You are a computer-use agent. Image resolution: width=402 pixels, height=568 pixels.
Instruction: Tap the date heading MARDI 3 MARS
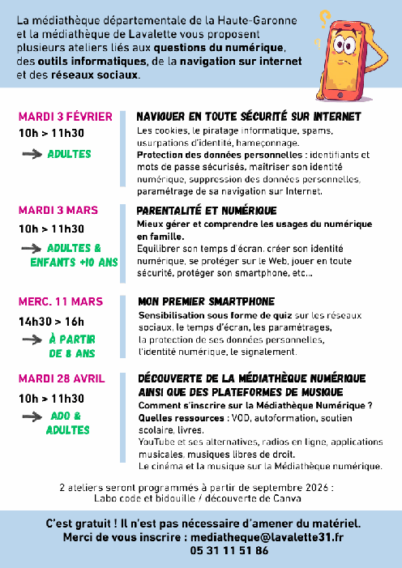[x=58, y=210]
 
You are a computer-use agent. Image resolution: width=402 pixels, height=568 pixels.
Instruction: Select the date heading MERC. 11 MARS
[x=61, y=302]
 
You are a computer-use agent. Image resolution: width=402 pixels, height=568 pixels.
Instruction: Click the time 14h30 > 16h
[x=51, y=321]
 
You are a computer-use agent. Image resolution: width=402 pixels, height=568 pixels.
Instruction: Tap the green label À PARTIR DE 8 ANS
[x=74, y=347]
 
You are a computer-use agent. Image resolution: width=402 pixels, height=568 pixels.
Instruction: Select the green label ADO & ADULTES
[x=68, y=423]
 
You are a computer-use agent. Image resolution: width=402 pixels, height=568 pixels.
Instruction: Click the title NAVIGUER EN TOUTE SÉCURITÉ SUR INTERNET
[x=248, y=117]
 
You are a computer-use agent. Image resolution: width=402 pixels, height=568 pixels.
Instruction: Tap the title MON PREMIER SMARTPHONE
[x=206, y=301]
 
